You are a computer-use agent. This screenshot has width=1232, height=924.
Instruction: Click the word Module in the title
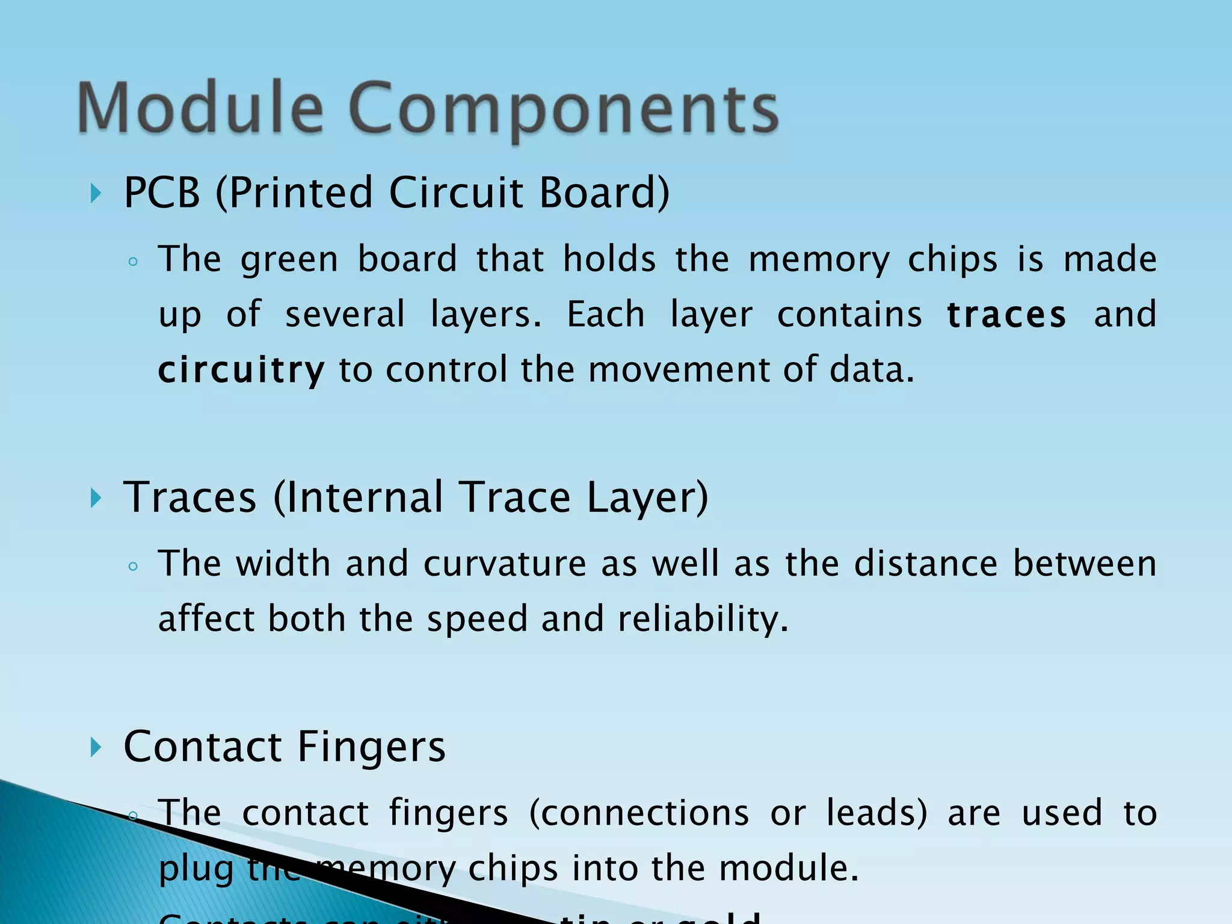click(200, 108)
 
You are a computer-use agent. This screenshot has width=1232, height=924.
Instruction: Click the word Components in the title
click(563, 109)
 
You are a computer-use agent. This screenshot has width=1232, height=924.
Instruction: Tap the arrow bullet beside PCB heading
click(95, 194)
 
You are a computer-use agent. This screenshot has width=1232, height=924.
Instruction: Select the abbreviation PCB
click(161, 192)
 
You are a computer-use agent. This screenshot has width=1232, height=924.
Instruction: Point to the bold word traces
click(1006, 315)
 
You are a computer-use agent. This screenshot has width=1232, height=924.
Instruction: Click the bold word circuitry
click(241, 370)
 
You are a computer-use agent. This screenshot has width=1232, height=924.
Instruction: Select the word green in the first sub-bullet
click(289, 260)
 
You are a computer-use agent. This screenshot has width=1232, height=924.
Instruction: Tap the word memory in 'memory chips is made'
click(819, 260)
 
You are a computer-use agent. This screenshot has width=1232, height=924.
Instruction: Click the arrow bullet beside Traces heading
click(95, 498)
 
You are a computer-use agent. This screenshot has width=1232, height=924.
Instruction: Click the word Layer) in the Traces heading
click(647, 497)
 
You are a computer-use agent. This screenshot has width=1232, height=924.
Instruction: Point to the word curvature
click(505, 564)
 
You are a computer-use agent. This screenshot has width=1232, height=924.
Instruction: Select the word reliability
click(703, 619)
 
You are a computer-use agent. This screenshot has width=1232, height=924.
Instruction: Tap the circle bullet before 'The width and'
click(134, 566)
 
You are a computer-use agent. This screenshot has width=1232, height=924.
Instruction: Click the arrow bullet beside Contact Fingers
click(95, 747)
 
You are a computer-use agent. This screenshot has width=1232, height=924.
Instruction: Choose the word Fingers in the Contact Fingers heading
click(371, 747)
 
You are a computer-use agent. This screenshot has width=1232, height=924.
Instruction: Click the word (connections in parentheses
click(639, 813)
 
